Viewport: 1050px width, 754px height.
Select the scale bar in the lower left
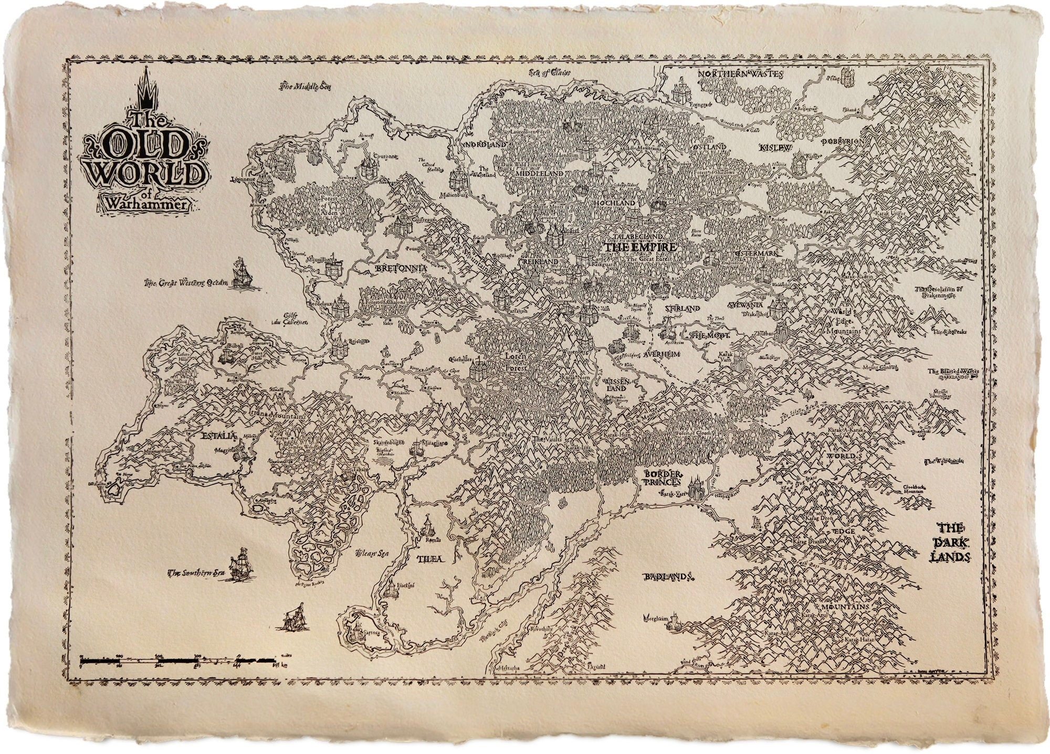pos(178,660)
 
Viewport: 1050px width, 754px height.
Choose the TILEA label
pos(429,559)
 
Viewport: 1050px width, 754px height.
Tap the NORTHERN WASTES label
pos(740,75)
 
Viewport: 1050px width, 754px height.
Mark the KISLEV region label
pos(775,149)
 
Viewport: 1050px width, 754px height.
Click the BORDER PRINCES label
pos(663,477)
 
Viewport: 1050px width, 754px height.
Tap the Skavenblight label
pos(388,443)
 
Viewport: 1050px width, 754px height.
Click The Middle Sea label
pos(301,87)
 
